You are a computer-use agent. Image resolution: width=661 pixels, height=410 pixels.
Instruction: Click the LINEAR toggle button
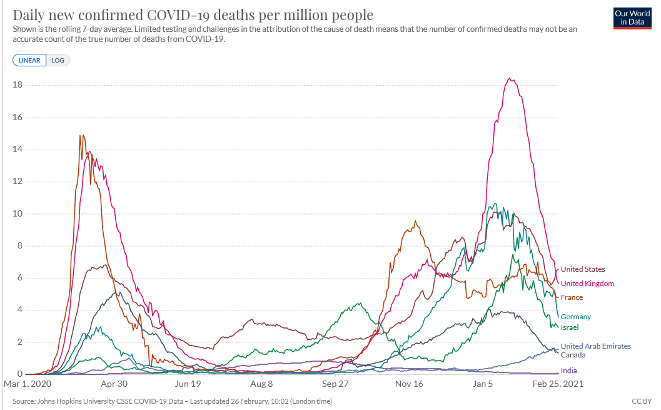29,61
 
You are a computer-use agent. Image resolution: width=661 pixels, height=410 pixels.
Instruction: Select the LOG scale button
58,61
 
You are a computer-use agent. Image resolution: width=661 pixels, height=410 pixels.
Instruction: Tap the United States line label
582,270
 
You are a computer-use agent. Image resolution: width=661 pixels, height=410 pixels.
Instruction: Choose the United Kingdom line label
587,284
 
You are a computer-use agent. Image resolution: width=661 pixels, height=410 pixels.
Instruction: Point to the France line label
572,298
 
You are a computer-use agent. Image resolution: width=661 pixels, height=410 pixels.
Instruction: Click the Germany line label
575,317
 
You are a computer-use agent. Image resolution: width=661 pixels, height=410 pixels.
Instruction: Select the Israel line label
569,328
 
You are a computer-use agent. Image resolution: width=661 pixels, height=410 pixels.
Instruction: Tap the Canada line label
573,356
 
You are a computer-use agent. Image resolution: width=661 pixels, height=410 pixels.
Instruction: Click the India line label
568,371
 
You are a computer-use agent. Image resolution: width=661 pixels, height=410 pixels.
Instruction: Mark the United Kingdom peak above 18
511,79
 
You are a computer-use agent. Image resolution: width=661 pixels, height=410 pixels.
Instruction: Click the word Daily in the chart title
29,15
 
